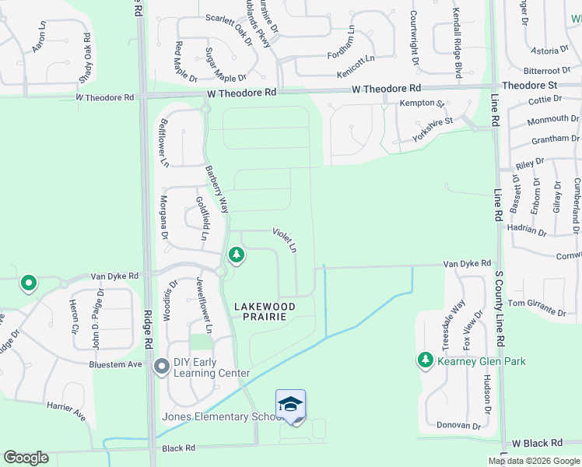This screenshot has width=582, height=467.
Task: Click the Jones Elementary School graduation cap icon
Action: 290,404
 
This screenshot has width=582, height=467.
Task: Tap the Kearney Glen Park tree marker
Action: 425,360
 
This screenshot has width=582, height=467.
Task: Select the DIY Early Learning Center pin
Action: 162,366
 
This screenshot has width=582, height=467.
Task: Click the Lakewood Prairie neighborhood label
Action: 265,311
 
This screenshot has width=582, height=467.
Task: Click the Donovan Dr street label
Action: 458,426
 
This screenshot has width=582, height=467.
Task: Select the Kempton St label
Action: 421,103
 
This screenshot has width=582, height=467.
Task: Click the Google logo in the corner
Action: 26,458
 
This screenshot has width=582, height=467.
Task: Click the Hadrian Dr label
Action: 526,230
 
